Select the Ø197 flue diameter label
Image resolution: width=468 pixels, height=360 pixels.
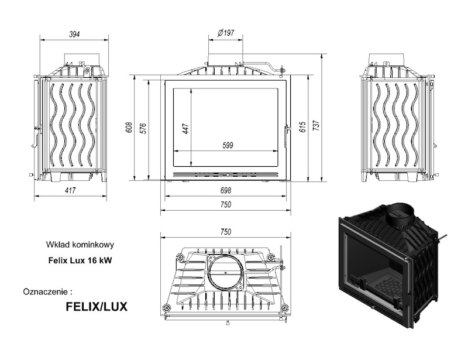point(225,33)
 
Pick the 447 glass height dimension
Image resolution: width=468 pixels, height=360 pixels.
point(186,128)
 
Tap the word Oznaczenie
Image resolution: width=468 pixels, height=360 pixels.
point(49,290)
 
